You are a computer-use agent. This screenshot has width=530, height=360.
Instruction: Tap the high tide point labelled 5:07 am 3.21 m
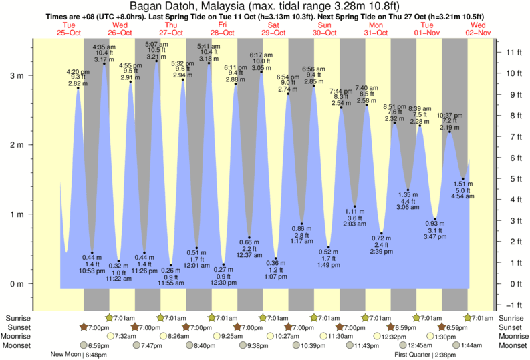[x=156, y=61]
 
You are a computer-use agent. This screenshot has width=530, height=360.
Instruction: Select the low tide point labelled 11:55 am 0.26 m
[x=170, y=265]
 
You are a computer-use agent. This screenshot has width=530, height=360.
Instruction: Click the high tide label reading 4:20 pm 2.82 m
[x=77, y=78]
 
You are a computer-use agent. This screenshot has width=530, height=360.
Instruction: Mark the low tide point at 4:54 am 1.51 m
[x=463, y=178]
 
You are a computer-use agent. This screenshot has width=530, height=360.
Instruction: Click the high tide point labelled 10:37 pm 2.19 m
[x=450, y=132]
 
